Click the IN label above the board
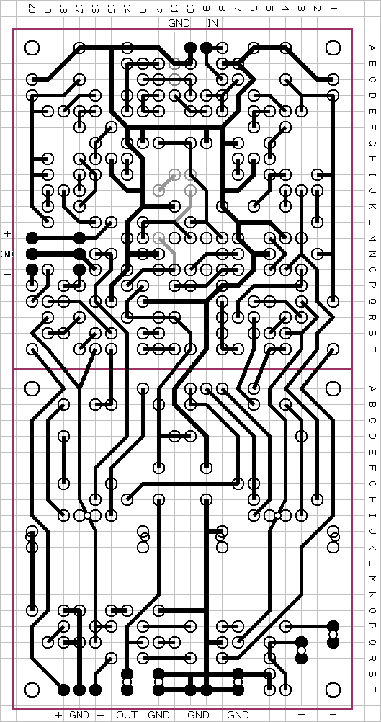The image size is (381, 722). (x=212, y=23)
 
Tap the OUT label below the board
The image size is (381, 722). (x=127, y=715)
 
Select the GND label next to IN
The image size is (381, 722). (x=179, y=23)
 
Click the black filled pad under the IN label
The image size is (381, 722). (x=206, y=47)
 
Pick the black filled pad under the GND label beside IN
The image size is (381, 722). (x=190, y=47)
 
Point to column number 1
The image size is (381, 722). (x=333, y=9)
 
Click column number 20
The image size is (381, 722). (x=32, y=9)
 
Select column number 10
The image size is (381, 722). (x=190, y=9)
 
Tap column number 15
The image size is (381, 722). (x=111, y=9)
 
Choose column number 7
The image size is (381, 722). (x=238, y=9)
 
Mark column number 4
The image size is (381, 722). (x=285, y=9)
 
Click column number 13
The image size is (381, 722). (x=143, y=9)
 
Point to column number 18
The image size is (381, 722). (x=63, y=9)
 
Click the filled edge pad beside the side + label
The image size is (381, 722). (x=32, y=238)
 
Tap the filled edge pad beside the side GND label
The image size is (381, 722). (x=32, y=254)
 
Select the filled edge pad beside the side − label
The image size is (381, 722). (x=32, y=269)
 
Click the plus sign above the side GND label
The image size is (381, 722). (x=7, y=234)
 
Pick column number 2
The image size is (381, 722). (x=317, y=9)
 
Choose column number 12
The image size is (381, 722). (x=158, y=9)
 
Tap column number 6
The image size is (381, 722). (x=254, y=9)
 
